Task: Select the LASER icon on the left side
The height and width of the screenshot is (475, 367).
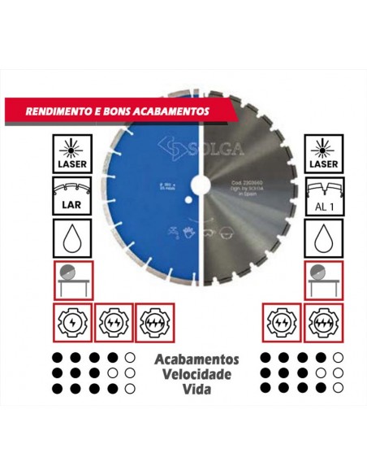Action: [74, 152]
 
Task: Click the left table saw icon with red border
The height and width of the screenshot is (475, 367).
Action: [74, 281]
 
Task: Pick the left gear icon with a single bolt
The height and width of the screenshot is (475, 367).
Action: [74, 322]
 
